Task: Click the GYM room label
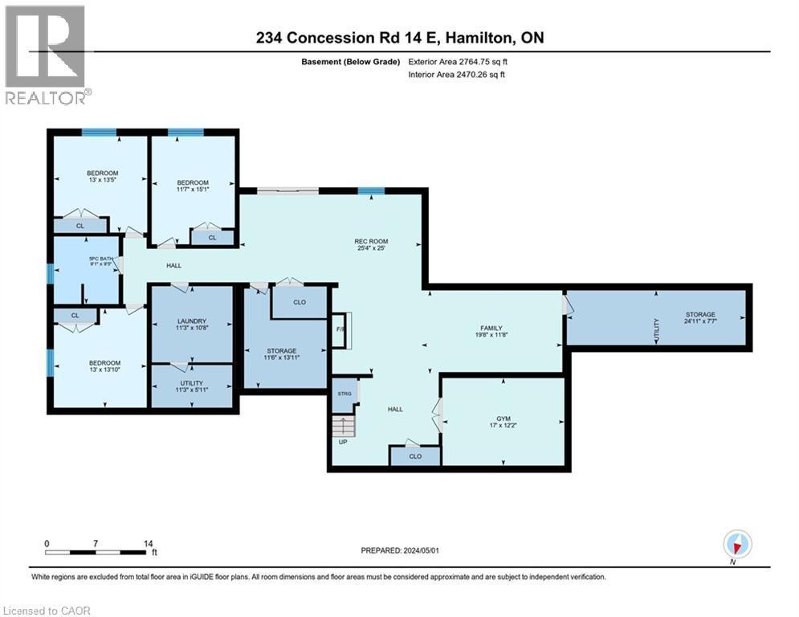pos(503,419)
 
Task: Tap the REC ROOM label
pos(372,240)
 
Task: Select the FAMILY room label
pos(491,328)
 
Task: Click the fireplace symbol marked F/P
pos(339,329)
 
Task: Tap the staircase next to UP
pos(343,425)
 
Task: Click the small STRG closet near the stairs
pos(345,394)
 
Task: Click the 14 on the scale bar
pos(148,543)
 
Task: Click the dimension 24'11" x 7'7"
pos(699,322)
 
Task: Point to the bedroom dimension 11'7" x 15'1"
pos(193,190)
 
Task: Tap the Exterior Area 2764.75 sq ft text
pos(457,61)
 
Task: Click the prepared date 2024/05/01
pos(402,550)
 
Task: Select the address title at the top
pos(398,38)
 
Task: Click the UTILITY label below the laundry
pos(191,383)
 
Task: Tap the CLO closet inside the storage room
pos(299,303)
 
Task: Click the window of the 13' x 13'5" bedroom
pos(99,133)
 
